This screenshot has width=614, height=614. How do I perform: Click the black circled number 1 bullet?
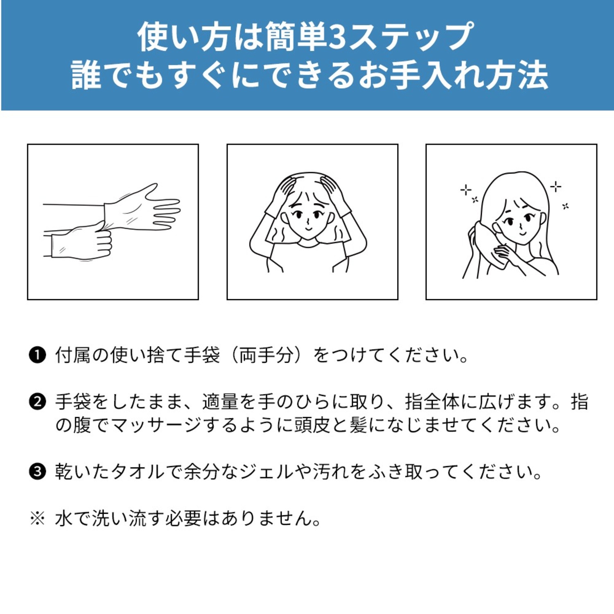tap(37, 355)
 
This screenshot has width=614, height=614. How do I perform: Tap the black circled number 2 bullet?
tap(37, 402)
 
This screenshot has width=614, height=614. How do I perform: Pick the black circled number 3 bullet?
tap(37, 472)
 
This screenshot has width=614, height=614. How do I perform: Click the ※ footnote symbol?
tap(37, 518)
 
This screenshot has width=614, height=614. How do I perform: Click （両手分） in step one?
tap(267, 355)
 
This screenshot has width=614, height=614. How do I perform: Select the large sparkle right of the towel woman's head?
tap(555, 187)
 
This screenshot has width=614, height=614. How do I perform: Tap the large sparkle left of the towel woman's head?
tap(465, 190)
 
